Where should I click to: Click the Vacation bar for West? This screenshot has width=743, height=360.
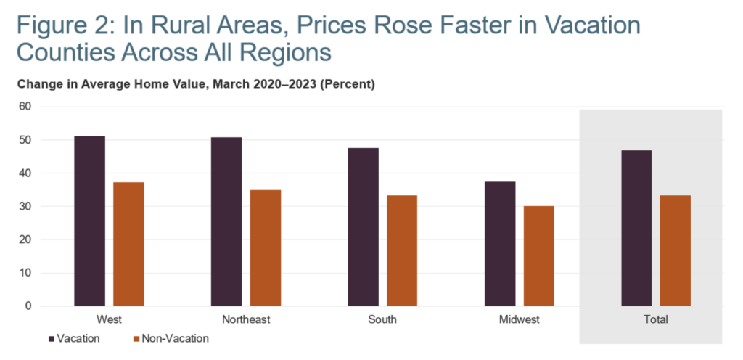(89, 221)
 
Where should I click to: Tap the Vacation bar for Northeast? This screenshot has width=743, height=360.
(226, 222)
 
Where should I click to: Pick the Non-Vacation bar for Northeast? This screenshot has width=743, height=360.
(266, 247)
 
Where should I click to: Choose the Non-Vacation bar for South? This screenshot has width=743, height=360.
(402, 250)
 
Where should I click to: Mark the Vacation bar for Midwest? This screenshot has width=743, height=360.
(500, 244)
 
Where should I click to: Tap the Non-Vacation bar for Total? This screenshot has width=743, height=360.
(676, 250)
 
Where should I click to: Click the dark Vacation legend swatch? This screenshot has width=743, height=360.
(52, 338)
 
